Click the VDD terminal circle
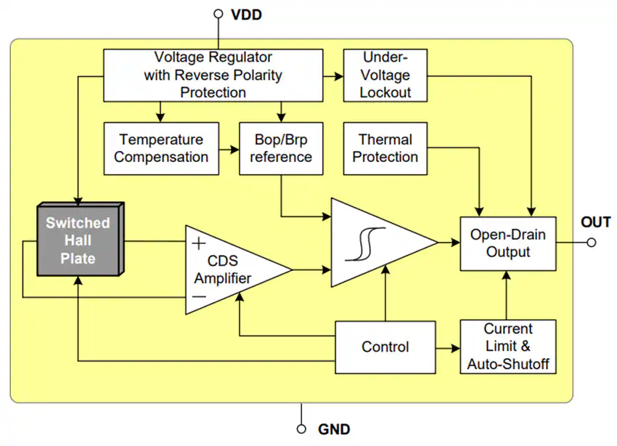(218, 15)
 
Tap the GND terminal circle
(301, 429)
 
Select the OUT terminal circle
(591, 243)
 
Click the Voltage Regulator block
(213, 76)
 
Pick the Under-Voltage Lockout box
(385, 76)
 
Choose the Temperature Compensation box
(161, 148)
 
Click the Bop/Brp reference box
(281, 148)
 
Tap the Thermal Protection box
(385, 148)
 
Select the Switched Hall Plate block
(81, 239)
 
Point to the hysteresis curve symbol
(365, 244)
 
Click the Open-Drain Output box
(508, 243)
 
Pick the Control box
(385, 347)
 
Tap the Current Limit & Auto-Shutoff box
(508, 346)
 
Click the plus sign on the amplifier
(199, 243)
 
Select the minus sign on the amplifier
(200, 296)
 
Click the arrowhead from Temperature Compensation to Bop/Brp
(234, 150)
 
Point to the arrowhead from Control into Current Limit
(455, 348)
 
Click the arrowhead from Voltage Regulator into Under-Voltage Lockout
(338, 76)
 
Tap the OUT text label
(596, 222)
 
